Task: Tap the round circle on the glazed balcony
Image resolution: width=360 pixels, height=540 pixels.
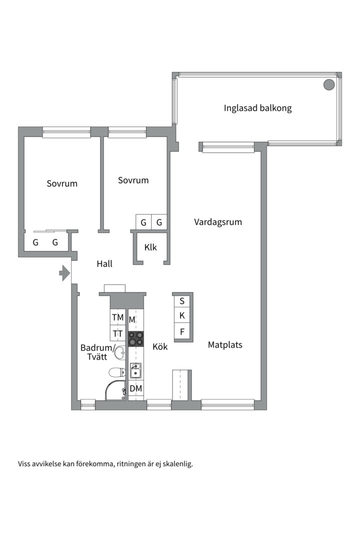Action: click(328, 85)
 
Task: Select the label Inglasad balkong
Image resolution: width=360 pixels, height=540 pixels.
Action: click(257, 108)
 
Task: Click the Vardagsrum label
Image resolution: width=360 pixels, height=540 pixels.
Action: click(218, 222)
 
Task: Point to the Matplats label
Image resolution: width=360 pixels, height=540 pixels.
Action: click(225, 344)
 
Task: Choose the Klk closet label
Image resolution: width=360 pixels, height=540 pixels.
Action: click(150, 247)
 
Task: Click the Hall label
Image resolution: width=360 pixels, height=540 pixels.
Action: click(104, 264)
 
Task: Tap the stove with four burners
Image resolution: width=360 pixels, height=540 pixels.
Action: click(135, 339)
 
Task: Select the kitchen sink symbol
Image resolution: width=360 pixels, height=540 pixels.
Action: click(135, 371)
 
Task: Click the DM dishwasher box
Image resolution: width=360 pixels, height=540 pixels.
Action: click(135, 388)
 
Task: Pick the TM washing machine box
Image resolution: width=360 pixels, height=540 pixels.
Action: click(117, 317)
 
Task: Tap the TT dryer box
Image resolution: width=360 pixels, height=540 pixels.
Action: click(117, 333)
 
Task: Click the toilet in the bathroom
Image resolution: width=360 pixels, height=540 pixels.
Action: click(117, 372)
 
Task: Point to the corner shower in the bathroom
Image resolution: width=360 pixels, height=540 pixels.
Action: click(116, 390)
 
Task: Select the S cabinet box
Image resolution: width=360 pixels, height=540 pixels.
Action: click(182, 301)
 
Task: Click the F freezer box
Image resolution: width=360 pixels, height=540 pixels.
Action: click(182, 331)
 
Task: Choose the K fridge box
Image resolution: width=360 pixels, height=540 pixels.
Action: click(182, 316)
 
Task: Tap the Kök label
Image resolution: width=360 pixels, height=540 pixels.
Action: click(160, 346)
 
